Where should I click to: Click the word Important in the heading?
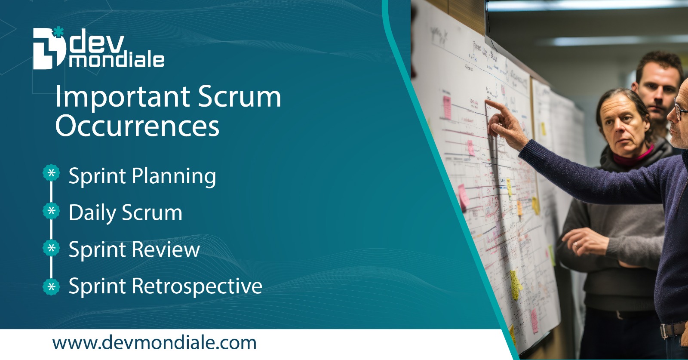click(x=123, y=97)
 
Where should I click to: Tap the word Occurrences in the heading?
click(x=137, y=126)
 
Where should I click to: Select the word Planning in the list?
click(x=174, y=177)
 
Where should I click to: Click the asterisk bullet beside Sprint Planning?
click(x=52, y=173)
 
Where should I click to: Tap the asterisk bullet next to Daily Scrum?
click(x=52, y=211)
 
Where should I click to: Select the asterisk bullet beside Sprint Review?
click(x=52, y=248)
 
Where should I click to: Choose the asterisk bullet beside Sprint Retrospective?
click(x=52, y=286)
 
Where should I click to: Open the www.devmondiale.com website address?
click(x=154, y=343)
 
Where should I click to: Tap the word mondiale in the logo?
click(x=117, y=60)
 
